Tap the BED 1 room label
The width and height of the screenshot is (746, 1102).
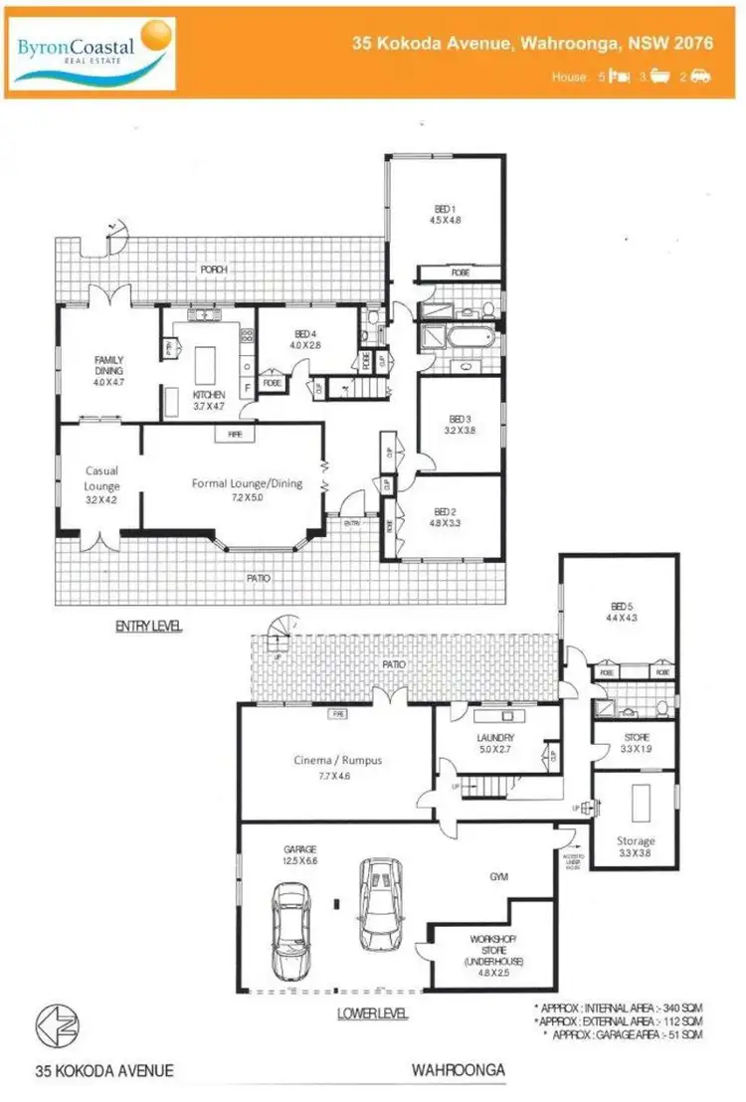coord(445,215)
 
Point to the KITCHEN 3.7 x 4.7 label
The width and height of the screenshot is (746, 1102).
coord(210,400)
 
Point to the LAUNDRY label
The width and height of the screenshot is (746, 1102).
coord(493,743)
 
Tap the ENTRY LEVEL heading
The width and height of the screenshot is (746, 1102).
coord(149,627)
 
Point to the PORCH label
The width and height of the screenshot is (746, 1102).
coord(214,270)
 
